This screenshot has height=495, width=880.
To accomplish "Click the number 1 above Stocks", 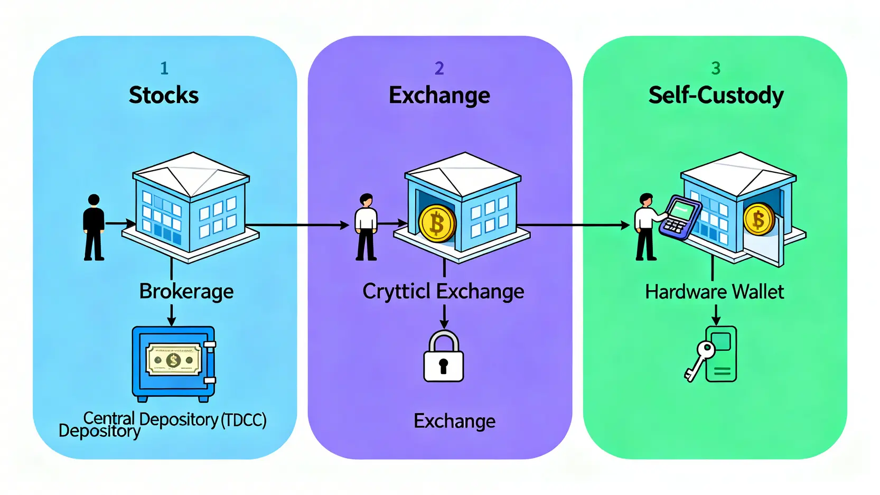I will point(164,68).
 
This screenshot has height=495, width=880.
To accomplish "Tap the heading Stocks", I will point(164,96).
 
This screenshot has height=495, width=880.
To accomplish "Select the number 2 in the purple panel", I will point(439,68).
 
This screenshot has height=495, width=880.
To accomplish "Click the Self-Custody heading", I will point(716,96).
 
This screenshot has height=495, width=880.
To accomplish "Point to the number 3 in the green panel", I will point(716,68).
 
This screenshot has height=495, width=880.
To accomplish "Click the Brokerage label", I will point(186,292).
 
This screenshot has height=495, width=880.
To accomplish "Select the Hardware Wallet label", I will point(714,292).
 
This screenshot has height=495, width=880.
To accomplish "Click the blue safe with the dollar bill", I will point(174,363).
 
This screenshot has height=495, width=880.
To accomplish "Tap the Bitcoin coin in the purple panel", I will point(437,223).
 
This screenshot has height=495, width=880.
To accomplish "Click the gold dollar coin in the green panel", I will point(759,219).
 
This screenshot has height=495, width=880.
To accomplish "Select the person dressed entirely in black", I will point(94,227).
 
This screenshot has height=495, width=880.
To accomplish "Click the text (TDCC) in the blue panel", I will point(244,420).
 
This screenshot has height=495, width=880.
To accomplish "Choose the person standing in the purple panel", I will point(366,227).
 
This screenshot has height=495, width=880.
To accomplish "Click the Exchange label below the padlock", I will point(454,421).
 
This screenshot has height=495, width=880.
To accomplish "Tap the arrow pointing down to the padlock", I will point(444,316).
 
